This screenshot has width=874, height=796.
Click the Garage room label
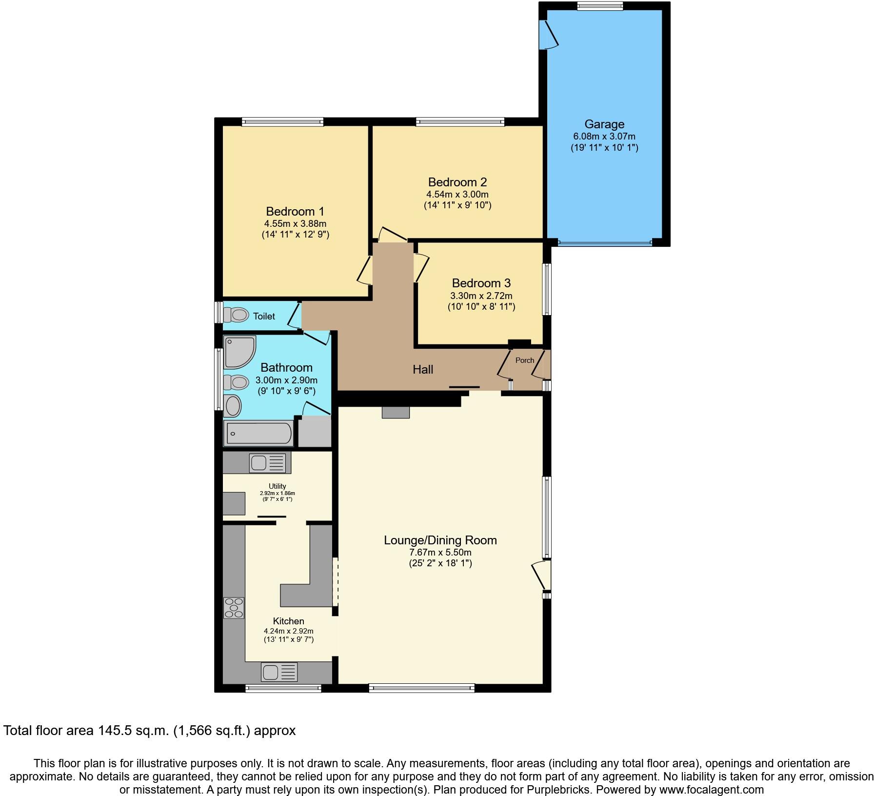(x=604, y=124)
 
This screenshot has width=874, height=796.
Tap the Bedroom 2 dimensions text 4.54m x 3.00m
(x=457, y=194)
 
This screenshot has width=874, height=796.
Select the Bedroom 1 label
(x=295, y=212)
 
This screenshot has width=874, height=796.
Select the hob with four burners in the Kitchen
(x=234, y=608)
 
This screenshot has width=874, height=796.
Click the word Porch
(x=525, y=360)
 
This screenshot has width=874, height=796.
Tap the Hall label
(x=423, y=370)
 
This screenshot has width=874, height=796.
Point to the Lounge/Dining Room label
(x=440, y=540)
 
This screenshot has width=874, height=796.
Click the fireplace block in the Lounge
(x=396, y=413)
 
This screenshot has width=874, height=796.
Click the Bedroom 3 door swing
(x=421, y=267)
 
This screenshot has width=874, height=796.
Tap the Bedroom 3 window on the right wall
(x=547, y=289)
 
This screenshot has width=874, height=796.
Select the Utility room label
(x=277, y=486)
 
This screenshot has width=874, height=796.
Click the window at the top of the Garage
(x=599, y=6)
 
